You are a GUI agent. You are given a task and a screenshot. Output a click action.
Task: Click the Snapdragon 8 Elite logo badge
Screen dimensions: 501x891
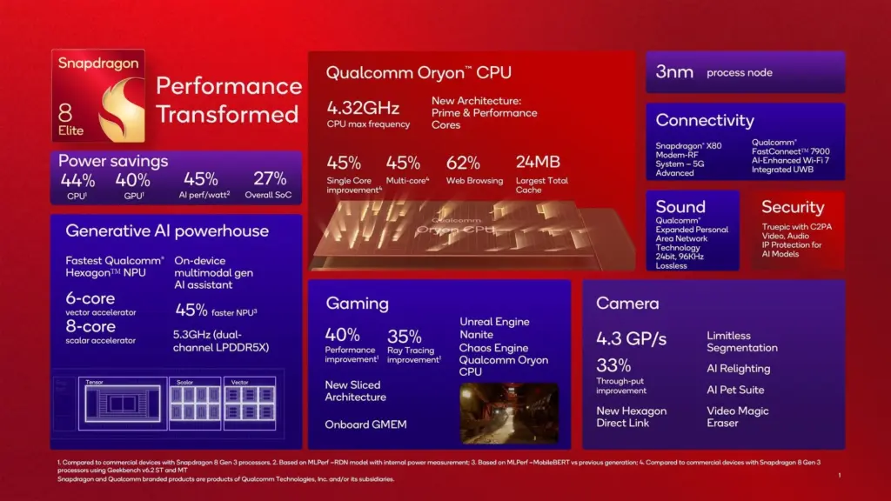[97, 96]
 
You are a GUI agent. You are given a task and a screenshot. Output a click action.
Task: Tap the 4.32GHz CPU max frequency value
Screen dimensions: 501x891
[363, 108]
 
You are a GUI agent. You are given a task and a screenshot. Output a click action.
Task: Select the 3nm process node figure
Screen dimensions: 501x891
[674, 71]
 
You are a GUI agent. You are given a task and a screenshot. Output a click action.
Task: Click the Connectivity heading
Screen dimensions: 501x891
[705, 120]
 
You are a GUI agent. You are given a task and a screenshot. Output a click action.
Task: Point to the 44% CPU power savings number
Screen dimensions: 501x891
[77, 180]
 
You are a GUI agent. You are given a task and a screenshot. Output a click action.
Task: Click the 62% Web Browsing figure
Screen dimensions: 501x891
[463, 163]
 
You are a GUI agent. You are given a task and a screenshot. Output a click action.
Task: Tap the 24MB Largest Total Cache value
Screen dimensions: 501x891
[537, 163]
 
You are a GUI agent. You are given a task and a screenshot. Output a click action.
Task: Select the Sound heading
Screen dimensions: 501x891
[680, 207]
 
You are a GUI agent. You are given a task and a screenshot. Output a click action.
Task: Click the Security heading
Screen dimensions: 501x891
[792, 207]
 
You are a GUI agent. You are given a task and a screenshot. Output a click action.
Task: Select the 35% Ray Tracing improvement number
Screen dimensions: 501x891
[405, 336]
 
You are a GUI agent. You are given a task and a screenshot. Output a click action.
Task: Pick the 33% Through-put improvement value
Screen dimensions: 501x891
[613, 365]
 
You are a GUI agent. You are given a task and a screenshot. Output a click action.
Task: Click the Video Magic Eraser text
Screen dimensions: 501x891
[738, 417]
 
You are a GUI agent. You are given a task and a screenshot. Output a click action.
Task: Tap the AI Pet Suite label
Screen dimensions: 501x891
[736, 390]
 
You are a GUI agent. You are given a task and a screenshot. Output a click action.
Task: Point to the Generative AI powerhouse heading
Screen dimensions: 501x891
[167, 231]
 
